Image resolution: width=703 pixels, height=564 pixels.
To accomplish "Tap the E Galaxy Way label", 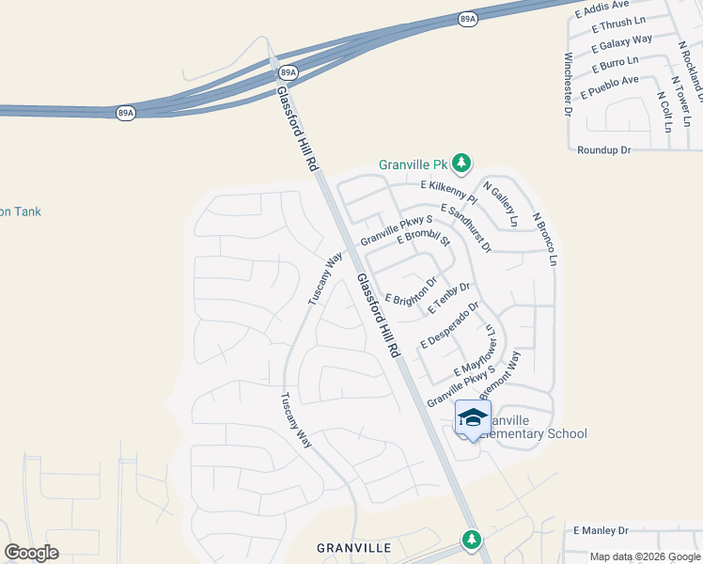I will pos(621,43).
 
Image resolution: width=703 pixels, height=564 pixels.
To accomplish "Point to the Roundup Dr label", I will pos(603,149).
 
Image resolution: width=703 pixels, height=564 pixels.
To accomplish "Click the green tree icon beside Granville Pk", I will pos(461,164).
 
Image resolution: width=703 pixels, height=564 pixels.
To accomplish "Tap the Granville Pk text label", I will pos(412,164).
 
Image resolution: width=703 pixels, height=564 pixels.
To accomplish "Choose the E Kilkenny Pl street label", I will pos(448,186).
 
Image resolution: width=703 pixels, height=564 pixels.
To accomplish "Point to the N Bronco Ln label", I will pos(545,238).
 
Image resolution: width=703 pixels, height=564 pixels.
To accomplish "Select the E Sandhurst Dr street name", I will pos(465,227).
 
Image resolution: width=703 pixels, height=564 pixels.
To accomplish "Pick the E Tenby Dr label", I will pos(448,298).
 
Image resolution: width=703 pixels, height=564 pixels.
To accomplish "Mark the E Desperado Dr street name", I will pos(450,325).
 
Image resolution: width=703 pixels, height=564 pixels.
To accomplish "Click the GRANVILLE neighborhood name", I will pos(352,547).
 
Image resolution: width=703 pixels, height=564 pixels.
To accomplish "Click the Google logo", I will pos(32,553).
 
